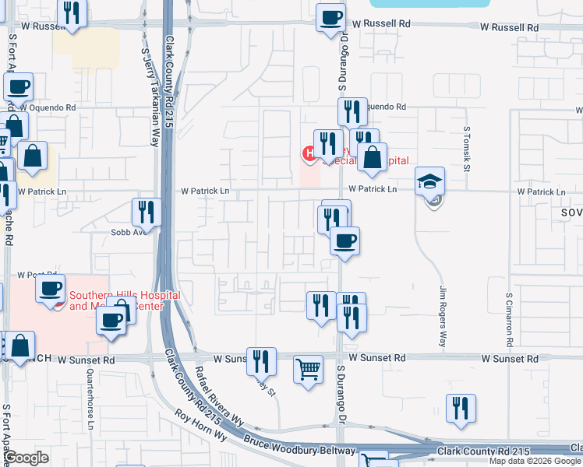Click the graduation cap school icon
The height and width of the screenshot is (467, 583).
[429, 181]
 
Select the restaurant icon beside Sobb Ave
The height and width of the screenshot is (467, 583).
[146, 212]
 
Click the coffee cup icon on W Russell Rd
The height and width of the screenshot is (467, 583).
[330, 17]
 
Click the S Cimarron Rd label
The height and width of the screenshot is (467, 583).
[509, 319]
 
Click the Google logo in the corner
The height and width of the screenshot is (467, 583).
[26, 458]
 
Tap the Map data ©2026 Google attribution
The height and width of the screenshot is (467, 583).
[535, 461]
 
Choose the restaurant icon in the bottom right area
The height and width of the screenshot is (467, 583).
[461, 408]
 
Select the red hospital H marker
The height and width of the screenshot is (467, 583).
[309, 153]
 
